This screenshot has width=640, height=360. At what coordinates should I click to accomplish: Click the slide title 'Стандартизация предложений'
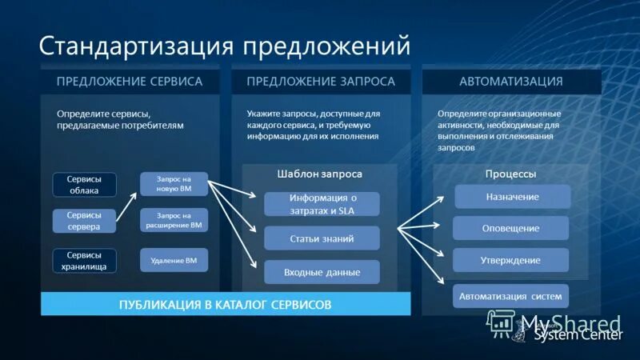pyautogui.click(x=225, y=46)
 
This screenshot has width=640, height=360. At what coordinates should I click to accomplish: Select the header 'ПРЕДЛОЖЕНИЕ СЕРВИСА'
pyautogui.click(x=129, y=82)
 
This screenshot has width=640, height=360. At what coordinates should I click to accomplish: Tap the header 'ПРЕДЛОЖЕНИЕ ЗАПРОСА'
pyautogui.click(x=320, y=82)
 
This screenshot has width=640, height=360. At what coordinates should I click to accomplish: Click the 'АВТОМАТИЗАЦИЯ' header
pyautogui.click(x=510, y=82)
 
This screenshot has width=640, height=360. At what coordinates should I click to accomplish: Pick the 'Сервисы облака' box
pyautogui.click(x=84, y=185)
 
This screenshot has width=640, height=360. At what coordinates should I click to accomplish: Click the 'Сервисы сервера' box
pyautogui.click(x=84, y=221)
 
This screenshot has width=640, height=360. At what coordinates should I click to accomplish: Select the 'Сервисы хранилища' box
pyautogui.click(x=84, y=260)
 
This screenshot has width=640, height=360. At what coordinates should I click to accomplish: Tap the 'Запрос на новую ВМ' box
pyautogui.click(x=174, y=184)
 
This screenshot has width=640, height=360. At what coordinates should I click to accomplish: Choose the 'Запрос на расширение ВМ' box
pyautogui.click(x=174, y=220)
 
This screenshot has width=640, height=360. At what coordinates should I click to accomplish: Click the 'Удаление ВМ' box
pyautogui.click(x=174, y=260)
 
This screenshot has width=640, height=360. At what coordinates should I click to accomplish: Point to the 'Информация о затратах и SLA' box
pyautogui.click(x=322, y=203)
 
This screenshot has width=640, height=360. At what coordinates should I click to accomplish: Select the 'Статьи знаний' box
pyautogui.click(x=322, y=238)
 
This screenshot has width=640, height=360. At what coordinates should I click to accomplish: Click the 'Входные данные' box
pyautogui.click(x=322, y=272)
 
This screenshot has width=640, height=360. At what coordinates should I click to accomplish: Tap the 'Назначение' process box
pyautogui.click(x=512, y=197)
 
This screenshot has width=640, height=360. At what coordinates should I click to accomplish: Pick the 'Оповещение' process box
pyautogui.click(x=510, y=228)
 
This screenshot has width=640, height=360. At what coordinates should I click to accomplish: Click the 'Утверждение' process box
pyautogui.click(x=510, y=260)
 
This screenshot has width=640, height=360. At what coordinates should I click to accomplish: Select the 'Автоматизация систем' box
pyautogui.click(x=510, y=296)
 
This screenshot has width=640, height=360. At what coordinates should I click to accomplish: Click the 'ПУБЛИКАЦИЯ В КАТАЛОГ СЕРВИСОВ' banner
pyautogui.click(x=225, y=305)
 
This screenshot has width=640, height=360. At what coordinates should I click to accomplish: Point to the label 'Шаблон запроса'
pyautogui.click(x=320, y=174)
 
